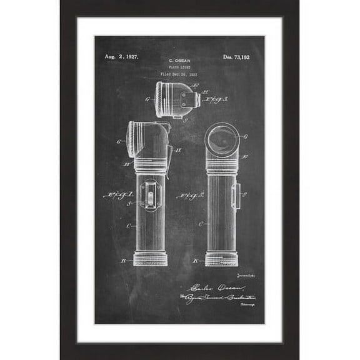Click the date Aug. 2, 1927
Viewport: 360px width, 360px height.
[x=121, y=57]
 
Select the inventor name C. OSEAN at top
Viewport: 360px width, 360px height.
[x=179, y=57]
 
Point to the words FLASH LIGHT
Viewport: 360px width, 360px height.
[x=179, y=66]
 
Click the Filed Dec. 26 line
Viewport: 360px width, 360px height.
[x=179, y=74]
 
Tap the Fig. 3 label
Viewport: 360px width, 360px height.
[x=216, y=99]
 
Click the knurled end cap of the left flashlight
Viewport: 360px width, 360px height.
[x=150, y=259]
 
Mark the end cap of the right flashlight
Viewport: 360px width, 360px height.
[x=221, y=259]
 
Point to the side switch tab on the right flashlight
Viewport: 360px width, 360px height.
[x=236, y=196]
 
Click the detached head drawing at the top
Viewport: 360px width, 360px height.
[x=177, y=99]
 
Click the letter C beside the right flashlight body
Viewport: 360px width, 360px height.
[x=200, y=223]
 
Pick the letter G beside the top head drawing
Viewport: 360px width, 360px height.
[x=147, y=99]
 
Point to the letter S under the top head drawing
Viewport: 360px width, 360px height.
[x=185, y=119]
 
